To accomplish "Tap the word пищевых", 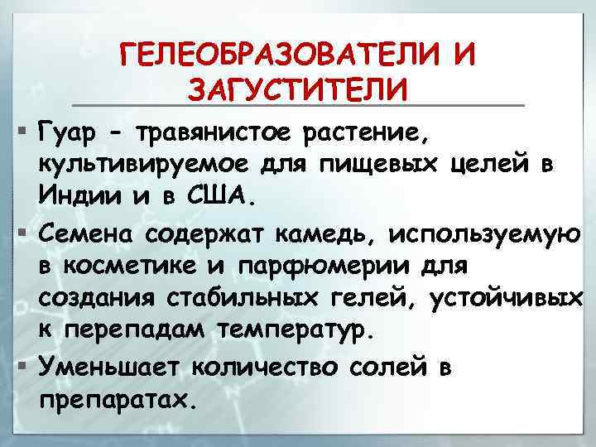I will tap(383, 163).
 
